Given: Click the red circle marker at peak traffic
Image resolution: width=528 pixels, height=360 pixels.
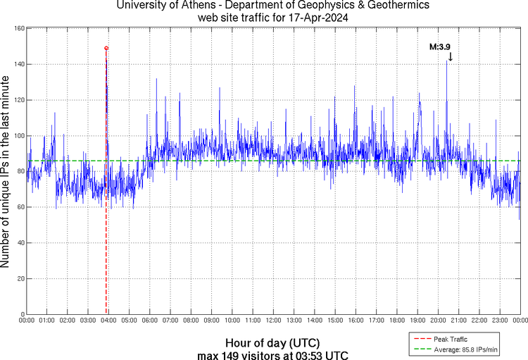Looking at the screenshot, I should pos(106,48).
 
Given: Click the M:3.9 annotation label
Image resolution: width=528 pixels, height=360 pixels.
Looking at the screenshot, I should pos(440,46).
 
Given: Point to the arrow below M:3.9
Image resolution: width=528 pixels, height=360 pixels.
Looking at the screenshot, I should pos(450,56).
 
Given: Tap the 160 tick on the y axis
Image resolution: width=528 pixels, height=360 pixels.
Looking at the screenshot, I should pos(20,29).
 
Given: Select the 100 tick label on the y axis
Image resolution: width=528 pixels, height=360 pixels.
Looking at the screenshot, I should pos(20,136).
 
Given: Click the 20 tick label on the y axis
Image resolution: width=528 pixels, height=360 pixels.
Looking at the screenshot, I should pos(21,279).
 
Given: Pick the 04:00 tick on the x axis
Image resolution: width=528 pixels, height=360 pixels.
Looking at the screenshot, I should pos(108,321).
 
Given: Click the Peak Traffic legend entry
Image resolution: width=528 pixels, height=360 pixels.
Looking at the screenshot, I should pos(450,339).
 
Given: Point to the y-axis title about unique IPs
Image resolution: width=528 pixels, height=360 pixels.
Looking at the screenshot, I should pos(6,172).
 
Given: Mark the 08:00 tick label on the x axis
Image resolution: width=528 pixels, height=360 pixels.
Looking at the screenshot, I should pos(191,321).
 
